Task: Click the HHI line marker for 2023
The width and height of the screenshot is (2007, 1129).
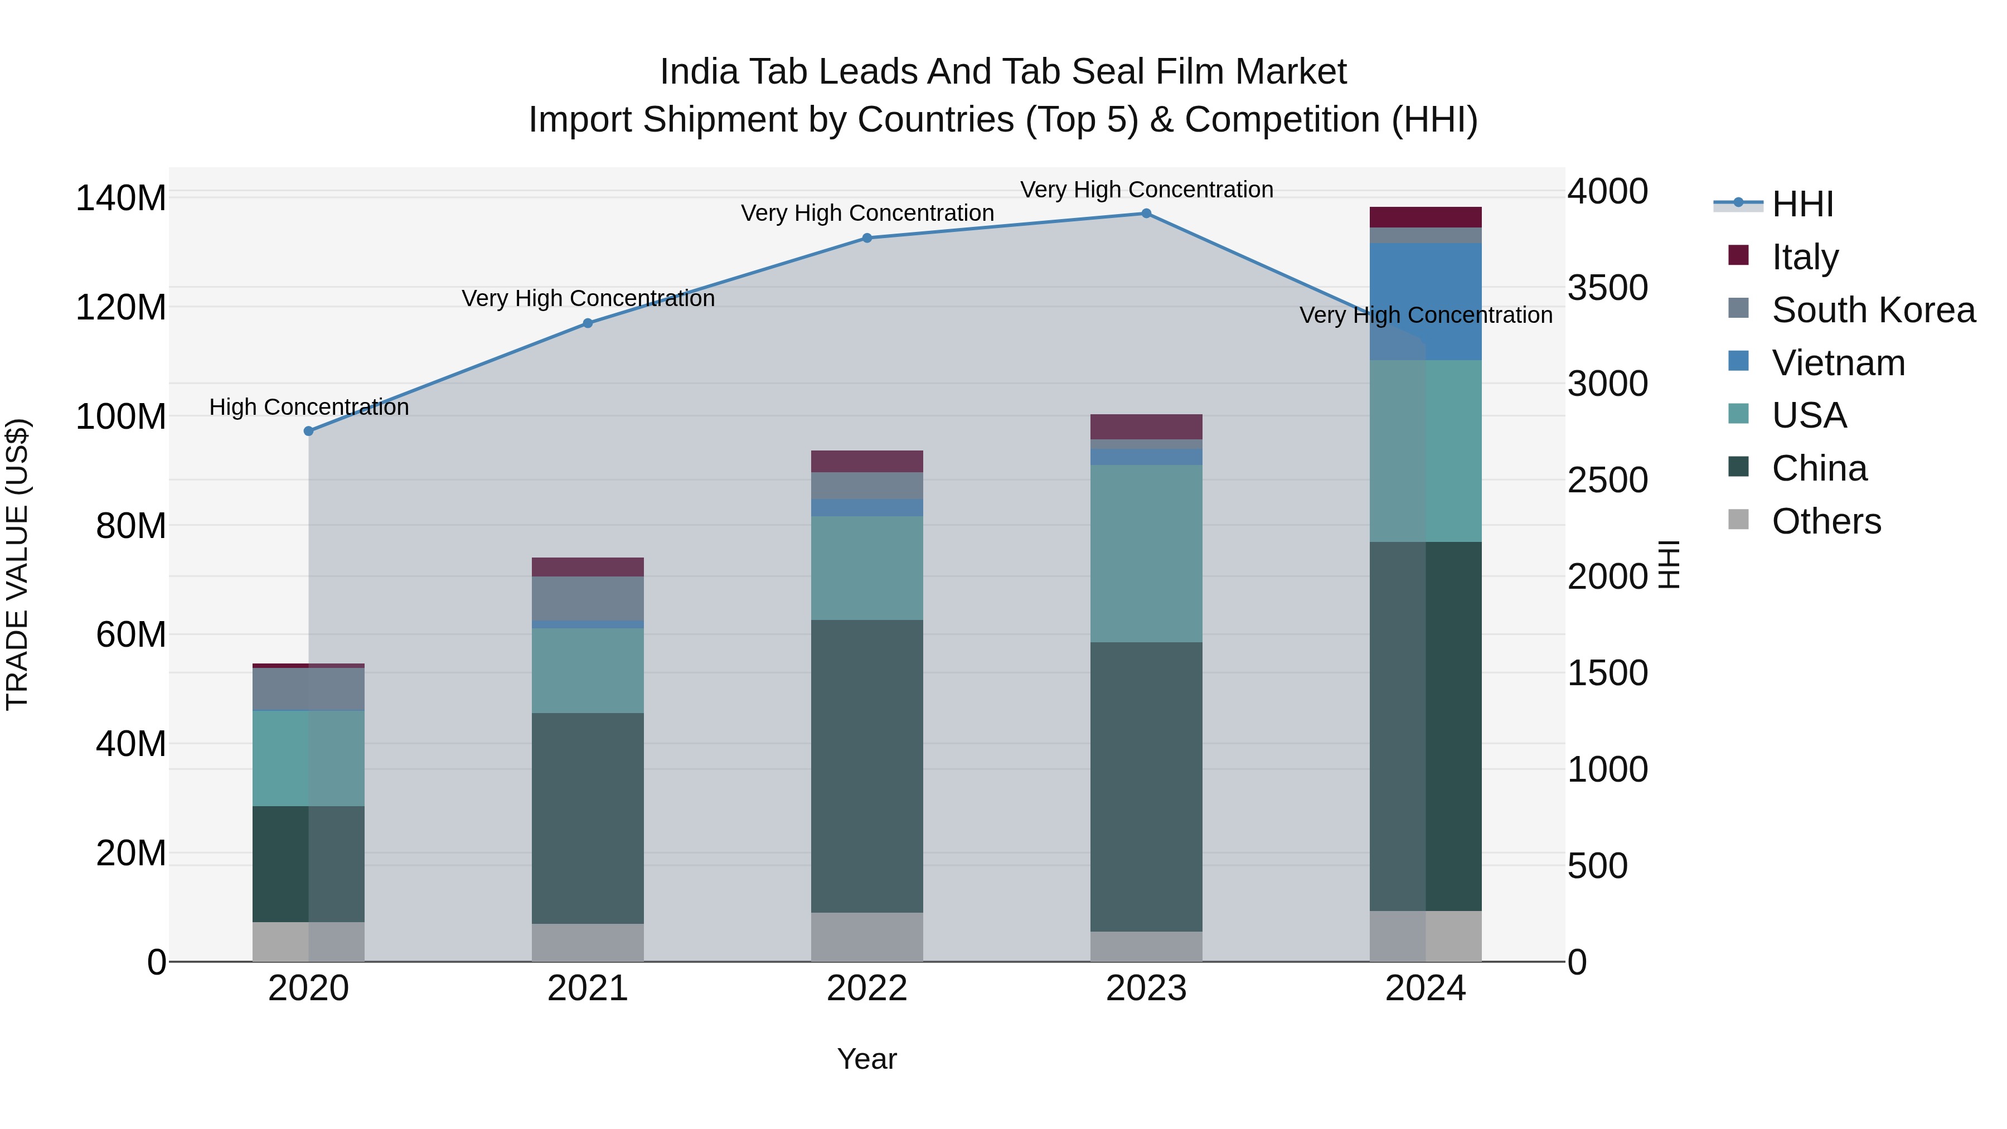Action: pyautogui.click(x=1146, y=214)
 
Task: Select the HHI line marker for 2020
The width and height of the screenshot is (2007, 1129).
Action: pyautogui.click(x=308, y=431)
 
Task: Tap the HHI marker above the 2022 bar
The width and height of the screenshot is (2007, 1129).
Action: pyautogui.click(x=867, y=239)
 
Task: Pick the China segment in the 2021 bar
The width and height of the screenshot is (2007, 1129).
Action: pyautogui.click(x=588, y=818)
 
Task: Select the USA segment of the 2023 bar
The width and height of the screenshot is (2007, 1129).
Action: pyautogui.click(x=1146, y=553)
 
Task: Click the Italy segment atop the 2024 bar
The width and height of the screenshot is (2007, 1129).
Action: pyautogui.click(x=1426, y=217)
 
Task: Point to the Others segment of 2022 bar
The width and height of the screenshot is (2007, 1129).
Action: pyautogui.click(x=867, y=937)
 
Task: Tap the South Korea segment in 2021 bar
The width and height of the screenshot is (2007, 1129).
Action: pyautogui.click(x=588, y=598)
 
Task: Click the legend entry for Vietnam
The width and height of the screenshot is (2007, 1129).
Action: pyautogui.click(x=1837, y=363)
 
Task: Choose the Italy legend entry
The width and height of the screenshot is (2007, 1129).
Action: pyautogui.click(x=1805, y=257)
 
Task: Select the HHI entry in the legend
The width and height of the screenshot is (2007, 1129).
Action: pyautogui.click(x=1801, y=204)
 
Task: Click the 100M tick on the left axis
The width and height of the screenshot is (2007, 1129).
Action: pyautogui.click(x=121, y=417)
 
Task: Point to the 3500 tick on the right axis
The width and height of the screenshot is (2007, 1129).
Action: pyautogui.click(x=1607, y=288)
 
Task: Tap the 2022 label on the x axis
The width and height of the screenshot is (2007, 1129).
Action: pyautogui.click(x=867, y=989)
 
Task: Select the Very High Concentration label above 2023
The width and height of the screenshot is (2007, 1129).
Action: pyautogui.click(x=1146, y=190)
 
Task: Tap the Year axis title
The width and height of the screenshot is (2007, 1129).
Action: pyautogui.click(x=867, y=1059)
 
